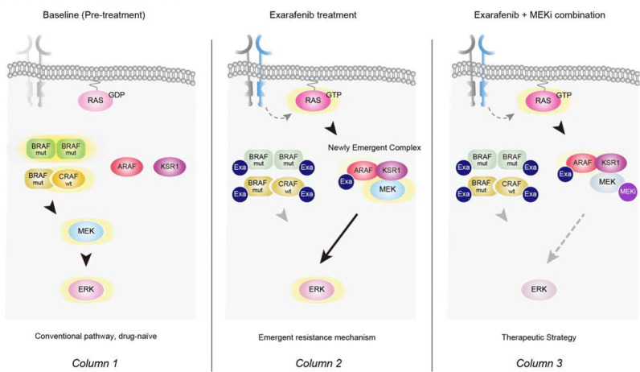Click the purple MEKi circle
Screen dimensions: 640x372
pos(628,192)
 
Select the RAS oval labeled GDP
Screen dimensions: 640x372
pos(96,100)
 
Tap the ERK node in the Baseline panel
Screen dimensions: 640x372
pos(86,289)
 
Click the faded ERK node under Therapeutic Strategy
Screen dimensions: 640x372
pos(539,289)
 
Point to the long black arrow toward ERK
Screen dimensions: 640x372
pos(338,238)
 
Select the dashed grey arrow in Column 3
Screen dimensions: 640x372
pos(565,238)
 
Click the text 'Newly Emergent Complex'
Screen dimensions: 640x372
pos(375,147)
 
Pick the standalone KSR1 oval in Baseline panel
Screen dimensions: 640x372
pos(170,167)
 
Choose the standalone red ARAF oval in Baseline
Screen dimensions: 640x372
pos(126,167)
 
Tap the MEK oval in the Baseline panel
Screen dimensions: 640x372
pos(86,231)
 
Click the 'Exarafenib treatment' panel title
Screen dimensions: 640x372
pos(313,15)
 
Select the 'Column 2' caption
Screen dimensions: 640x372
pos(318,363)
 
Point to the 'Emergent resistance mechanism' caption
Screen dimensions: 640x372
pos(317,337)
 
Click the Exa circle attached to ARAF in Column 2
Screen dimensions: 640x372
pos(346,181)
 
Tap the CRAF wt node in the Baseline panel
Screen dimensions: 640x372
pos(68,178)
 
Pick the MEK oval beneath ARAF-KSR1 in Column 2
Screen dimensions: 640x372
pos(388,189)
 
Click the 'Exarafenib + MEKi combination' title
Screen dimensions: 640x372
pos(539,15)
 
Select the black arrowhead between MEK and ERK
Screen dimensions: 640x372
pos(86,259)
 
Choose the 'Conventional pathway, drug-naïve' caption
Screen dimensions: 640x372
pos(96,336)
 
